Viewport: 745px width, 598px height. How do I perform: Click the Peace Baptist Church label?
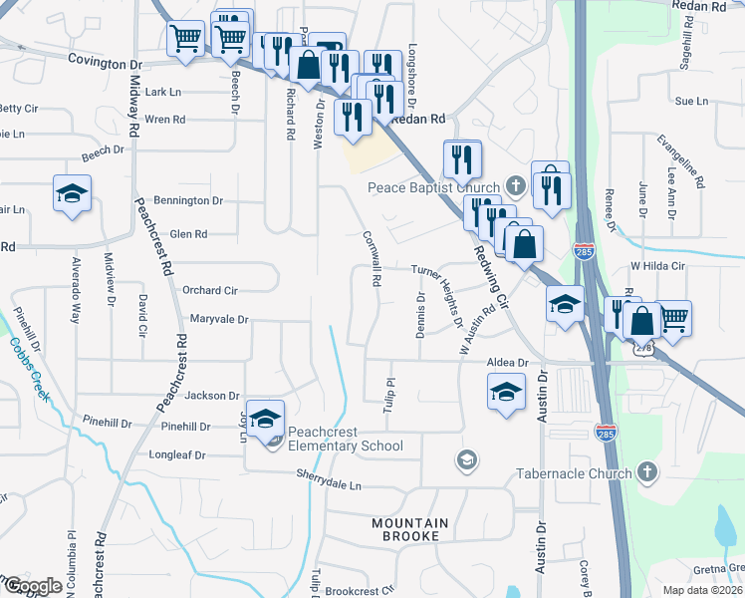[433, 187]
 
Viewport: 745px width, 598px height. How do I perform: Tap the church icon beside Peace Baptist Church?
[515, 185]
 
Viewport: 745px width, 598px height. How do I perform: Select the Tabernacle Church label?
[573, 473]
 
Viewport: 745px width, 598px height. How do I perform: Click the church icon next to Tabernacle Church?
[646, 471]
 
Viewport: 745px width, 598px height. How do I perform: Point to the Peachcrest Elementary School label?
[345, 439]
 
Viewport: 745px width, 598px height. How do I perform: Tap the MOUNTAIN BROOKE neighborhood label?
[409, 529]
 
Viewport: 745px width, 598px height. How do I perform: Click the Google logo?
[33, 586]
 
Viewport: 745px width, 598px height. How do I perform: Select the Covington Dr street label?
[106, 62]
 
